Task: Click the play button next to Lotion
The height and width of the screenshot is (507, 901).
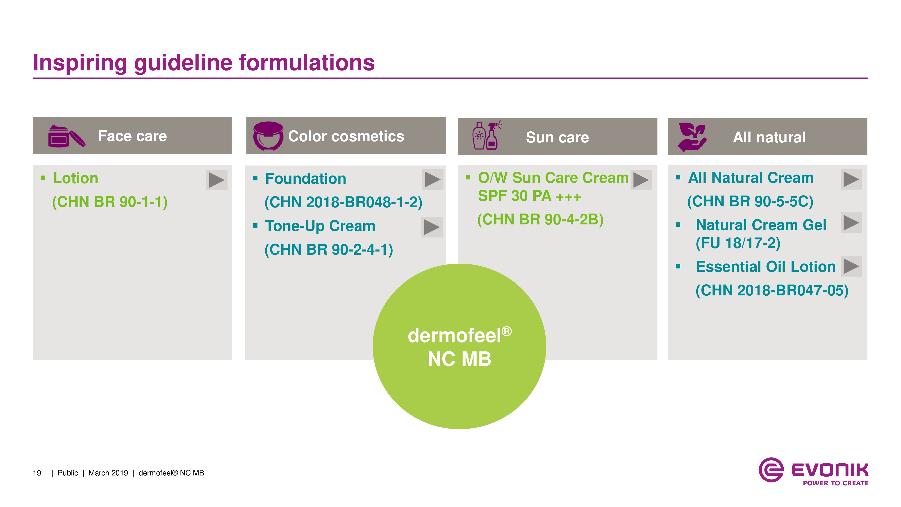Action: coord(216,180)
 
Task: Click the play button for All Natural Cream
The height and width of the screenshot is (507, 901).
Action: coord(851,180)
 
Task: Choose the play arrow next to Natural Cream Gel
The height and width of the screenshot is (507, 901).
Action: coord(851,223)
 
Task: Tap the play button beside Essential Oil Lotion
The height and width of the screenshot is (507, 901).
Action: coord(851,266)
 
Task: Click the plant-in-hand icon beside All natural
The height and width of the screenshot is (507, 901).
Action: coord(692,137)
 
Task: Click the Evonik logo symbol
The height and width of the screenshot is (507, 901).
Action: coord(771,470)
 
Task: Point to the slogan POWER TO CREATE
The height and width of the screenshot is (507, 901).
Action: coord(835,483)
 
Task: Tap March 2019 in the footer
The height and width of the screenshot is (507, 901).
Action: coord(108,473)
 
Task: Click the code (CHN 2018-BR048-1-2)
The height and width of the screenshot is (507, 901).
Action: coord(343,202)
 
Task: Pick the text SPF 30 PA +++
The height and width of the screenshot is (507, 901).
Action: coord(529,196)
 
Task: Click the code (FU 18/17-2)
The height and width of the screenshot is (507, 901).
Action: coord(738,243)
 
